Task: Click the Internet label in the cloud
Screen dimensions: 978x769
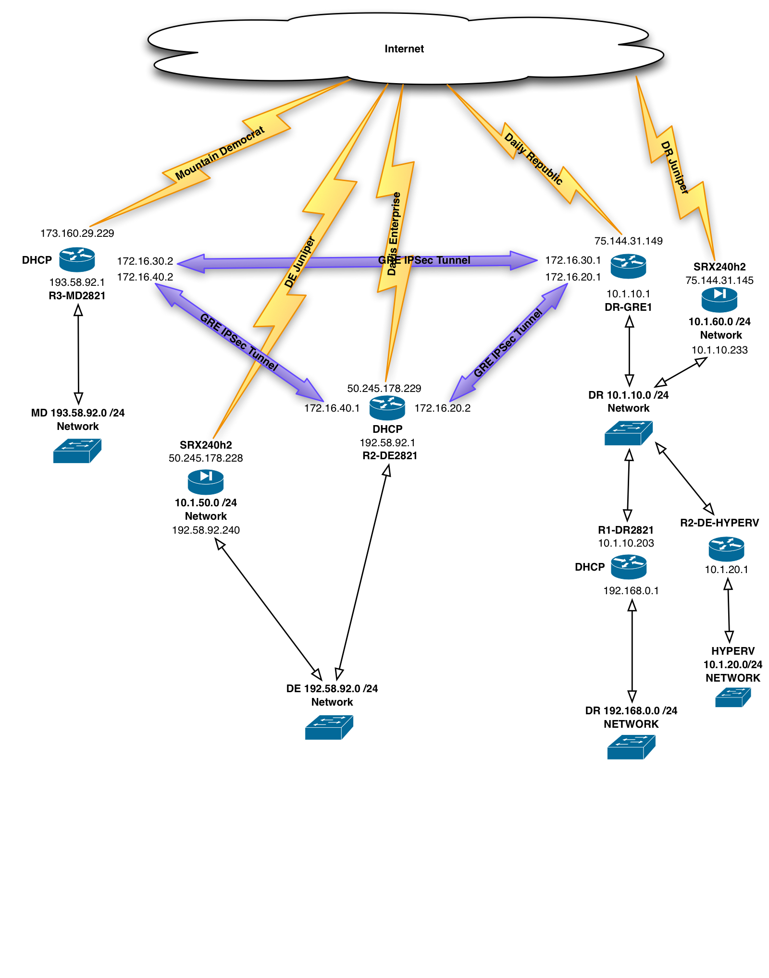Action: pos(404,49)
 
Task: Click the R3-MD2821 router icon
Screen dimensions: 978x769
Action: pos(77,260)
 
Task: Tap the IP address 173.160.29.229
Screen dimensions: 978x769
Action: pos(77,233)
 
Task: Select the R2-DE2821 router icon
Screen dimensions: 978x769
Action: pos(387,408)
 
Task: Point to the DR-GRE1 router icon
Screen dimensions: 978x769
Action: pos(628,267)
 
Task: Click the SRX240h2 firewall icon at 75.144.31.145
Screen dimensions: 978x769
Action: pos(719,299)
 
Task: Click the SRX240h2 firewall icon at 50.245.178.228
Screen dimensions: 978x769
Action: pos(206,482)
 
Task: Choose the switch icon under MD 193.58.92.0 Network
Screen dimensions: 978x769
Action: pos(77,451)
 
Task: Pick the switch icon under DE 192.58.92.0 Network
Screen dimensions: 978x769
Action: pos(329,727)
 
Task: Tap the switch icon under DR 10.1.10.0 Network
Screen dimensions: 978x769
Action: pos(628,433)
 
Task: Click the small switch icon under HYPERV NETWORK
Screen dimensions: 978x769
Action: pos(732,697)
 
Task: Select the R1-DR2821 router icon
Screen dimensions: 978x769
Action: pos(628,567)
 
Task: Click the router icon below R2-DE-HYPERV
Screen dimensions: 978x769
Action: pos(726,549)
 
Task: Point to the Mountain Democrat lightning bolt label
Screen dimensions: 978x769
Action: pos(220,153)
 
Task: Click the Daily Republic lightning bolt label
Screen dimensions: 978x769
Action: pos(533,159)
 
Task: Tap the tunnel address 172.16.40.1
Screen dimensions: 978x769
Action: pos(332,408)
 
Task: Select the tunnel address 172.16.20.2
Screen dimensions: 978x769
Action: pos(442,408)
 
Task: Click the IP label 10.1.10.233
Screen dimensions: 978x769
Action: pos(719,350)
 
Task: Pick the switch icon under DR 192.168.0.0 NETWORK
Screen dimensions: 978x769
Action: pos(631,747)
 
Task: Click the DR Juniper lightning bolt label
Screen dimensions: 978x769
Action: pos(674,167)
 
